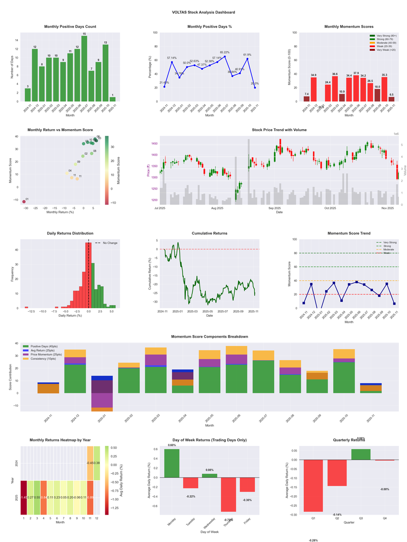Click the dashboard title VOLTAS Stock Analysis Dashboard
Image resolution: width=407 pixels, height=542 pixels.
203,12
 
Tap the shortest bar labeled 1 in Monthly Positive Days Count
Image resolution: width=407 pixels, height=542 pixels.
112,99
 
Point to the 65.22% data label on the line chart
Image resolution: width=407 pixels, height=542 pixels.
224,52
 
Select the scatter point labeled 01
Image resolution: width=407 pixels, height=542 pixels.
24,202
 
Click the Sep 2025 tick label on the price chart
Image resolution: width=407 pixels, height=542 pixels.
275,208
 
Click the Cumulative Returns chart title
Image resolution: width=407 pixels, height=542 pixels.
210,233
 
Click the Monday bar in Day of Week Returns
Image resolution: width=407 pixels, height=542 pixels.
171,463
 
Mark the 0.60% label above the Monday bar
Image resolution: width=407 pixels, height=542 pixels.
171,445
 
